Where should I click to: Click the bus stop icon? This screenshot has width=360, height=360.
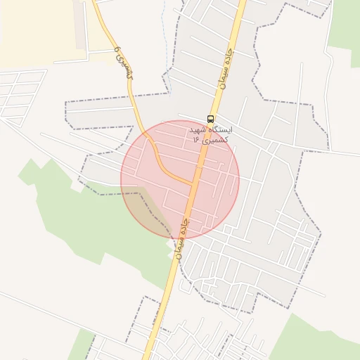(211, 119)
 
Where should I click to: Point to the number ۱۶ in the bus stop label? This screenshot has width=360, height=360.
(195, 140)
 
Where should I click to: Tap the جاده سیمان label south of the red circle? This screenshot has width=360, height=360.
(182, 239)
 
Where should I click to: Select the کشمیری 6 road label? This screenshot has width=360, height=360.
(123, 62)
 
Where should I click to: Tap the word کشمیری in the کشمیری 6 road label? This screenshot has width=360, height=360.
(125, 67)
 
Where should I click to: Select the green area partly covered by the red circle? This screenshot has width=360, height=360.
(84, 218)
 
